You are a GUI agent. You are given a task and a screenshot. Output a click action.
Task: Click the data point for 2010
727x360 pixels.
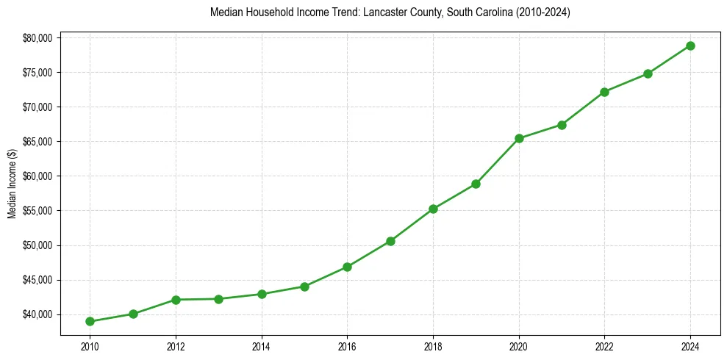click(90, 321)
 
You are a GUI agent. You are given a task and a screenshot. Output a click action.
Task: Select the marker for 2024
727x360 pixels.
click(690, 46)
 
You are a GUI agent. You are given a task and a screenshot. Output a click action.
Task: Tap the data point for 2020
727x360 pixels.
click(519, 138)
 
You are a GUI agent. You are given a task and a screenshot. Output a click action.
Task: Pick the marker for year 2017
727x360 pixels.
click(390, 241)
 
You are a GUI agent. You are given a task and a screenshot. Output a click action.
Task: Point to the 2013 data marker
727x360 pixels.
click(218, 299)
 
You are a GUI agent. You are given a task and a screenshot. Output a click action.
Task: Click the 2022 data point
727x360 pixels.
click(604, 92)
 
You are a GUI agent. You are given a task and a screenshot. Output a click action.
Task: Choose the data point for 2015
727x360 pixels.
click(304, 287)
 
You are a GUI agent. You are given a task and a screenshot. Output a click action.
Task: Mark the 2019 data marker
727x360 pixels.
click(476, 184)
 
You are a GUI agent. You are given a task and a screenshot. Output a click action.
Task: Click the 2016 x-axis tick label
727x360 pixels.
click(347, 345)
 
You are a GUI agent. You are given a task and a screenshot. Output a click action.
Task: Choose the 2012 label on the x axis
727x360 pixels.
click(176, 345)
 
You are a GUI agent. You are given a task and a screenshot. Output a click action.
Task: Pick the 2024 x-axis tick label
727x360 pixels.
click(690, 345)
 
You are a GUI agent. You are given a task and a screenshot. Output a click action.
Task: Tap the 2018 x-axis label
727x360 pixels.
click(433, 345)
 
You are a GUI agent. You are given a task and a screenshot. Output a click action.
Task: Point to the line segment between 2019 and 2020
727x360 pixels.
click(498, 161)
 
